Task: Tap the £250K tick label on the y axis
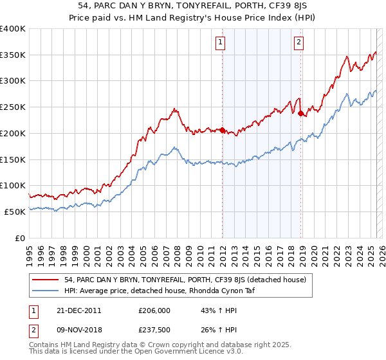pos(13,107)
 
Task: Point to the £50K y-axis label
pos(15,212)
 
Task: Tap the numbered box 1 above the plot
pos(221,43)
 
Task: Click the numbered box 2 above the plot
pos(299,43)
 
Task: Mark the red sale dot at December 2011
pos(223,130)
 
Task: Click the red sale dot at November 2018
pos(301,114)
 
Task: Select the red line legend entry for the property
pos(188,280)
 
